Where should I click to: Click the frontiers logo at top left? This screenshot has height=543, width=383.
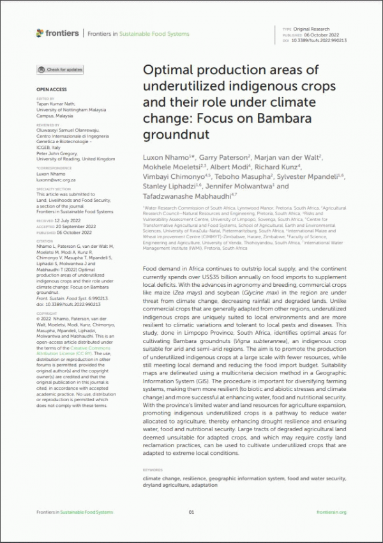click(57, 33)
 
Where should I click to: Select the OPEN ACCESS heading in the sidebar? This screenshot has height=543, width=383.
click(51, 90)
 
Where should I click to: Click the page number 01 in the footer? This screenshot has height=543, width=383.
click(191, 512)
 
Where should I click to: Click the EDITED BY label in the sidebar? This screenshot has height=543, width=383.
click(45, 98)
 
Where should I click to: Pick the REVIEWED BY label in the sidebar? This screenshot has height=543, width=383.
click(48, 125)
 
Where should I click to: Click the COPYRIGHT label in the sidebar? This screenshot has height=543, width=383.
click(47, 314)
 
